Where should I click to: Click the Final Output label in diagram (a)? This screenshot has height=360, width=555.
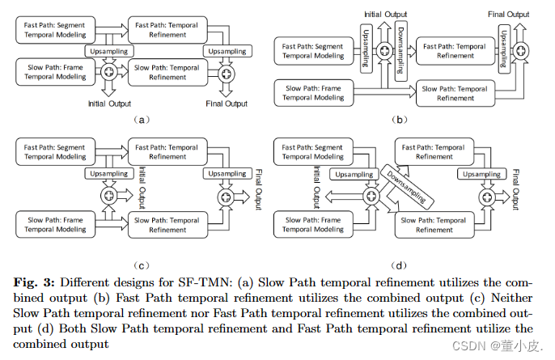227,104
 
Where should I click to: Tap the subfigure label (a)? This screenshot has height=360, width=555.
142,118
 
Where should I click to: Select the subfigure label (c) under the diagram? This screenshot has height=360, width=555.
142,264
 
